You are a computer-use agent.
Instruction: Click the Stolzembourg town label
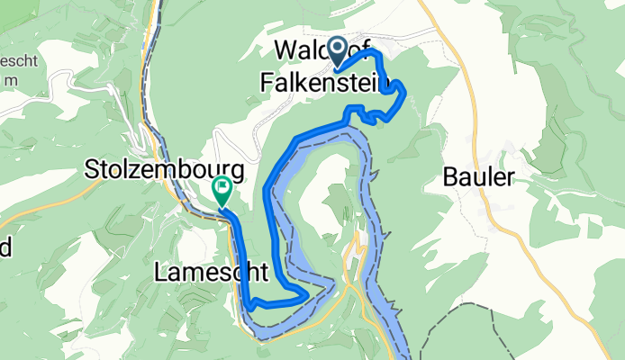[165, 168]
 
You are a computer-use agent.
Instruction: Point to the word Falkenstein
[326, 82]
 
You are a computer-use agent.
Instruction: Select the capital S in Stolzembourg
[93, 168]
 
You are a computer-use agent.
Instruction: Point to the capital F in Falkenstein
[267, 82]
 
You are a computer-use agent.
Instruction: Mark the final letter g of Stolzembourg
[237, 171]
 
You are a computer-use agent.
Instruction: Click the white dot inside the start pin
[339, 49]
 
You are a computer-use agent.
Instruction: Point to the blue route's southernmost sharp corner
[247, 306]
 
